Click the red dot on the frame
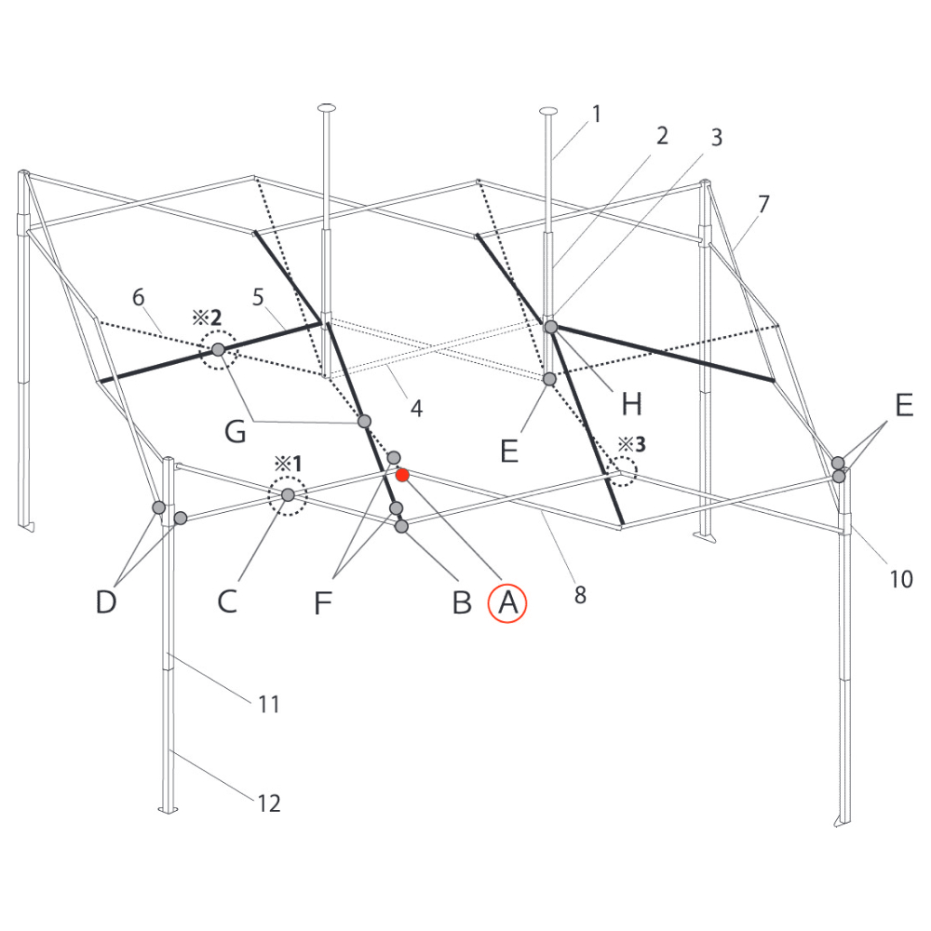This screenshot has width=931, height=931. tap(402, 475)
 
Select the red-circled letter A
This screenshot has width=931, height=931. tap(507, 603)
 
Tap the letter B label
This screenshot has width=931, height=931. tap(462, 602)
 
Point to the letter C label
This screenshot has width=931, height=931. tap(227, 601)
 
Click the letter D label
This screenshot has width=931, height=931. tap(106, 602)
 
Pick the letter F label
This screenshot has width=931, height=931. tap(322, 602)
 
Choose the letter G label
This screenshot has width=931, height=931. tap(236, 431)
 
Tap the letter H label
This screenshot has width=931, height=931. tap(632, 404)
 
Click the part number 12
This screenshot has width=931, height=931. tap(268, 803)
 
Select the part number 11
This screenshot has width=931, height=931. tap(268, 704)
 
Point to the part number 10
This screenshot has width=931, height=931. tap(900, 579)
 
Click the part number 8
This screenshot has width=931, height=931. tap(580, 595)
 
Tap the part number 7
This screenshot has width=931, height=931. tap(763, 204)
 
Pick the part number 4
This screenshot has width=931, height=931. tap(417, 409)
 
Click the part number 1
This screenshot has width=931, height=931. tap(597, 114)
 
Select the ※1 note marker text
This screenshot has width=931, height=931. tap(288, 463)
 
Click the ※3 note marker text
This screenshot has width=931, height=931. tap(632, 444)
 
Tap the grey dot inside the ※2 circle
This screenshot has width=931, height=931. tap(219, 350)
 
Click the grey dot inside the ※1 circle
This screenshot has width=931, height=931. tap(288, 494)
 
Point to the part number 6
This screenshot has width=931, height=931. tap(139, 297)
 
